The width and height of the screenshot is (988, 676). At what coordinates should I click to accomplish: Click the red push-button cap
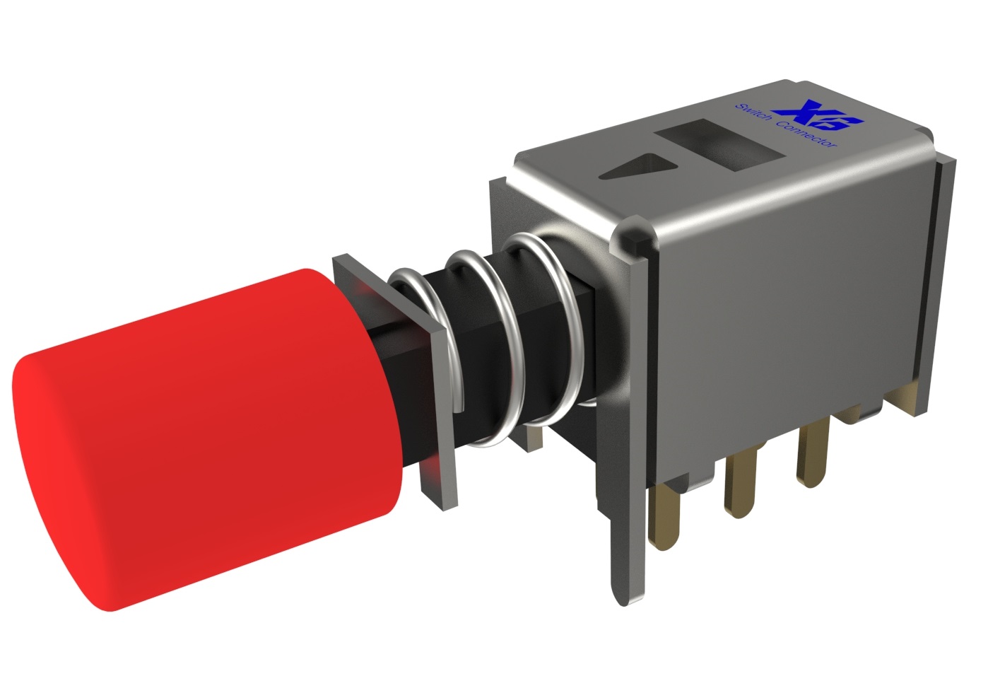point(205,438)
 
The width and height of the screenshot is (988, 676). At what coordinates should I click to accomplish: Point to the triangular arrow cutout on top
point(640,167)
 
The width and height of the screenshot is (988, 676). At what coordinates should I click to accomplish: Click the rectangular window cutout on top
point(719,147)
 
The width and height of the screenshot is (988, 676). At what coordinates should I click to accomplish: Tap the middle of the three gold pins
point(739,481)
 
